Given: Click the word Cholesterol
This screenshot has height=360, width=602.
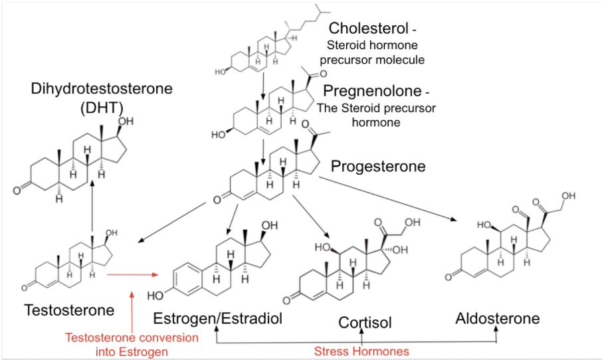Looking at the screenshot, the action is (x=368, y=28).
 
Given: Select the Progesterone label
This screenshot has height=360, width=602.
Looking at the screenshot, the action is (x=378, y=166).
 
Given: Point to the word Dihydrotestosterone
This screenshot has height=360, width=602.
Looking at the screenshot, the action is (x=102, y=88).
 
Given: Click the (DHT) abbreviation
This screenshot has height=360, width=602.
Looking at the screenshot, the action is (x=102, y=108).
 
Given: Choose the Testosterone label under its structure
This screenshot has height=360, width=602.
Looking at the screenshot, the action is (x=70, y=310).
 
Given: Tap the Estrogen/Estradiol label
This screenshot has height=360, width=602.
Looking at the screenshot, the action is (x=218, y=319).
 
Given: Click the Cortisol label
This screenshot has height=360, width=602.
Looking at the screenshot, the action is (x=365, y=322).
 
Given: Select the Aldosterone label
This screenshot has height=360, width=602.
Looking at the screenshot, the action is (x=498, y=318).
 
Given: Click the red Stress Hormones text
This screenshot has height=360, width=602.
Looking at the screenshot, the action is (x=361, y=351).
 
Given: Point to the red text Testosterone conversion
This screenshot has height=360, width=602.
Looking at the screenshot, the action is (x=132, y=337).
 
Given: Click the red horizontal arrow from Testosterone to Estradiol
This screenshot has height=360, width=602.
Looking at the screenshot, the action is (x=133, y=274).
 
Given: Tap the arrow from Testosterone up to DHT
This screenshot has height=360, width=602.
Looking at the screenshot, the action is (x=92, y=207).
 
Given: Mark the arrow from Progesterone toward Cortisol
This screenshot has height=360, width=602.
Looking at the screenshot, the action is (x=311, y=217).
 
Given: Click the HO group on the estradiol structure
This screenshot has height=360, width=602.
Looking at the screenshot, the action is (x=155, y=296).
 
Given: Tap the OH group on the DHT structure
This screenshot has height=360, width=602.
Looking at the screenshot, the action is (x=126, y=122).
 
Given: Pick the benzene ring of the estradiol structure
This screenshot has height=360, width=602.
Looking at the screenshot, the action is (x=188, y=280).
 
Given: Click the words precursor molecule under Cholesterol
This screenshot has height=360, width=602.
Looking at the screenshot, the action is (x=372, y=60).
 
